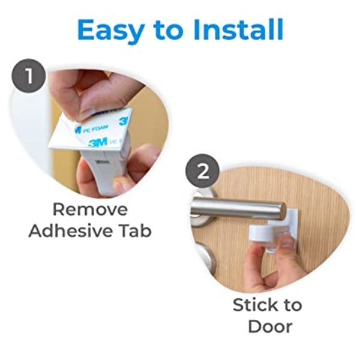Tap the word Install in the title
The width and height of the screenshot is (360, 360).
coord(238,29)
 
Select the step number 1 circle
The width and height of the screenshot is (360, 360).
coord(29,76)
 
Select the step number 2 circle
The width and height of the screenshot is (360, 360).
coord(203,171)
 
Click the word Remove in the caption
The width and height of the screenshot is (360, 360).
coord(90,209)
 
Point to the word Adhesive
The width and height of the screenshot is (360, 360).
coord(71,230)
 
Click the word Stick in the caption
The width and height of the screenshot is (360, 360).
coord(254,305)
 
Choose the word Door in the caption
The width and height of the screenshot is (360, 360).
coord(270,326)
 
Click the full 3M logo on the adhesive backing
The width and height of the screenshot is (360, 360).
coord(98,143)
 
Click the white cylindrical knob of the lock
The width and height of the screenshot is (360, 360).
coord(259,235)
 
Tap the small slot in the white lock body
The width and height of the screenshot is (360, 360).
coord(103,163)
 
